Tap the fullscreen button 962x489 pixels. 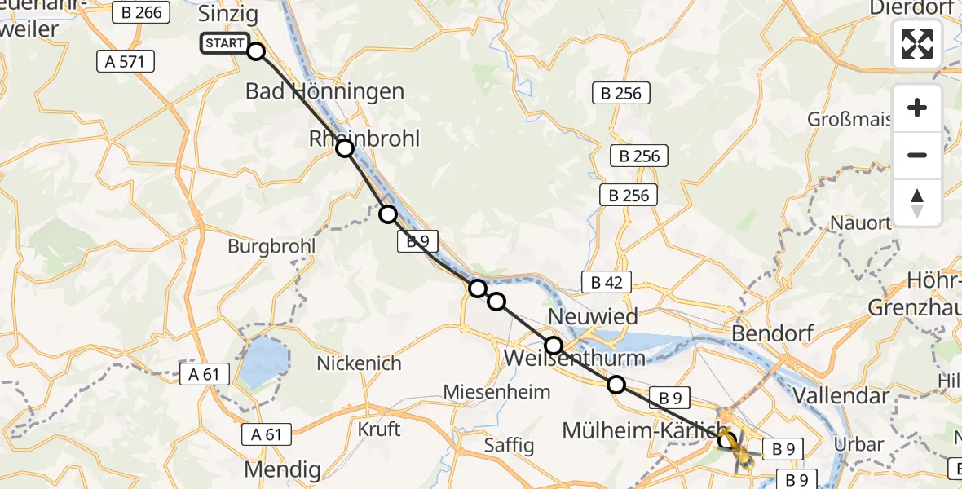tap(917, 43)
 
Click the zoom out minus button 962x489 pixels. tap(917, 155)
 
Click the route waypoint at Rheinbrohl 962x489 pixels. tap(345, 148)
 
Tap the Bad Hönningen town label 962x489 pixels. tap(324, 91)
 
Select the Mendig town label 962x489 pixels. tap(282, 470)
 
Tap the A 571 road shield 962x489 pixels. tap(126, 60)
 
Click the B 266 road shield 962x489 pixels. tap(143, 12)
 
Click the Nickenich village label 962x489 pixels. tap(359, 363)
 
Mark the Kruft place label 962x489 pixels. tap(379, 428)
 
